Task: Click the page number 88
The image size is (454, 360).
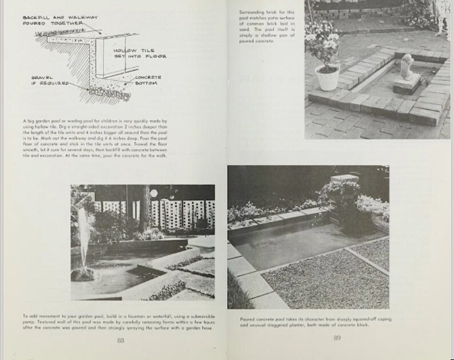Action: (x=121, y=340)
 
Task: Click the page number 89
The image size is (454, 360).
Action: (x=337, y=338)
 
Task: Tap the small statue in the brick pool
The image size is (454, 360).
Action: (x=407, y=67)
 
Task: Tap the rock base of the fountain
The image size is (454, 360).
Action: (x=85, y=273)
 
